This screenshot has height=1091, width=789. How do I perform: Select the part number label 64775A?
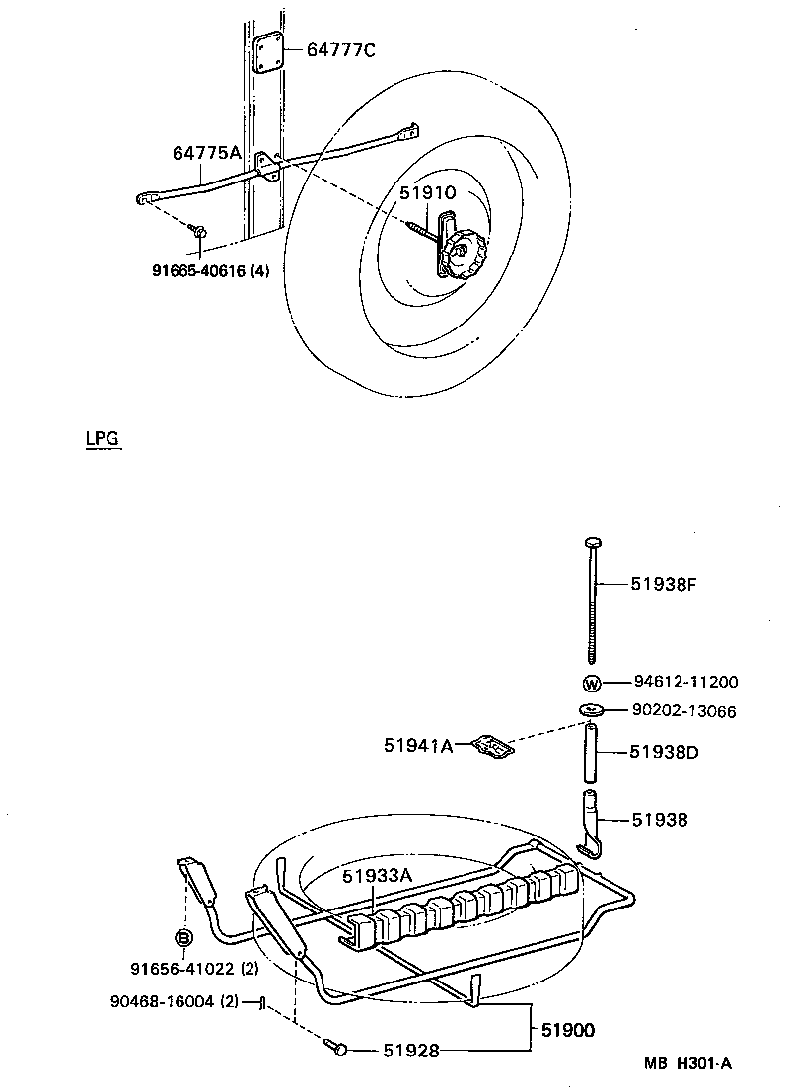pos(206,152)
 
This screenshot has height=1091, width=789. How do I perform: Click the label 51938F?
pos(664,583)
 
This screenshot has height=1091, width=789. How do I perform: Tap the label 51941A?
pos(418,746)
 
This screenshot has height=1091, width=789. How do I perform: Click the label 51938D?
pos(665,752)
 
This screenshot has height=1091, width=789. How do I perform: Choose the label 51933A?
pos(377,874)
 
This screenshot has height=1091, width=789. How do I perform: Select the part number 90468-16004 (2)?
pos(174,1002)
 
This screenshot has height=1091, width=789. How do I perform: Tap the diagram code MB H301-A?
pos(688,1063)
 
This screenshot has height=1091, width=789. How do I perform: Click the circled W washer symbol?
pos(591,683)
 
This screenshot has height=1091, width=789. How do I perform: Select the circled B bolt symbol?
pos(182,938)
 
